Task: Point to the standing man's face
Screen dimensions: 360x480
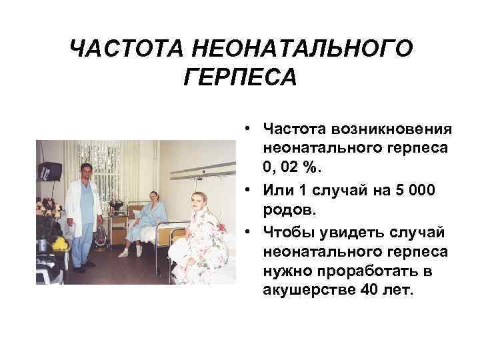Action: point(85,171)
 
